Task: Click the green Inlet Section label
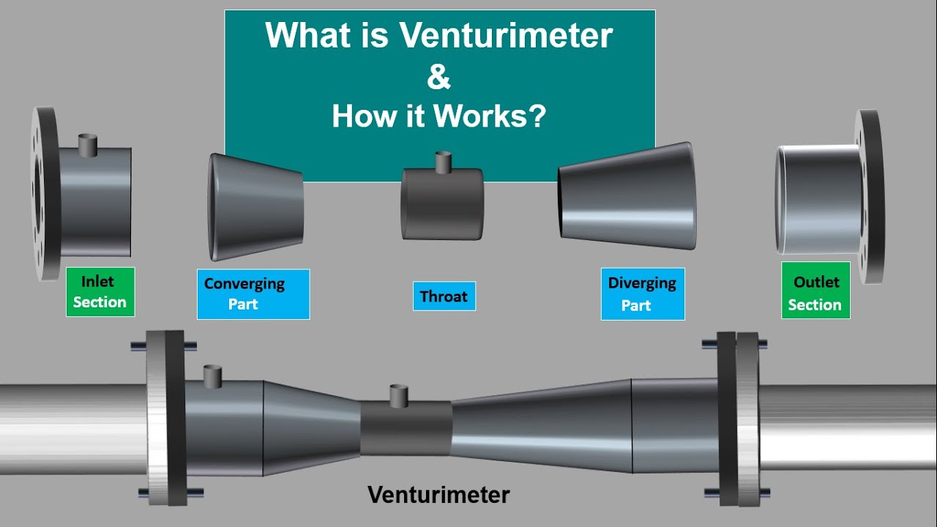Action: pos(100,291)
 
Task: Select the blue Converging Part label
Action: pos(253,294)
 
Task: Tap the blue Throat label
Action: pos(444,296)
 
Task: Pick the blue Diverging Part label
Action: pos(642,294)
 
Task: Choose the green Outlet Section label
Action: pos(815,293)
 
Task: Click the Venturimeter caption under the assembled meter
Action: pos(438,495)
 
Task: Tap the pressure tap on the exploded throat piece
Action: pos(442,162)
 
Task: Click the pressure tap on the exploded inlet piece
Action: pos(87,144)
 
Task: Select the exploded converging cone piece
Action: pos(255,206)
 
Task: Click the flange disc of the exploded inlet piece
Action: pos(44,193)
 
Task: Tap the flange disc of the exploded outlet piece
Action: pos(870,196)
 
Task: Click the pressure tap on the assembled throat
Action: pos(398,396)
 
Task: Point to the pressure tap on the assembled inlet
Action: pos(212,375)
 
